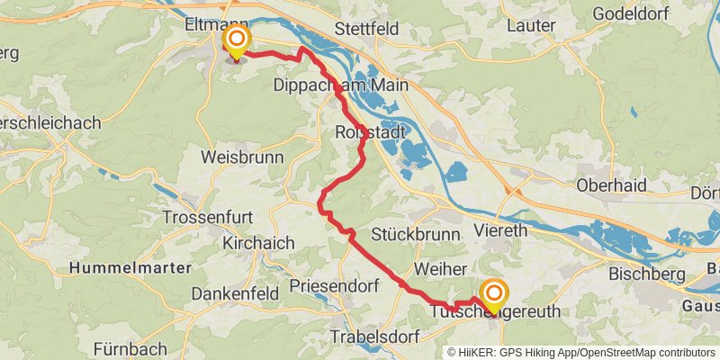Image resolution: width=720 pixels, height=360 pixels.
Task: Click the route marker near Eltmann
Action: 236,40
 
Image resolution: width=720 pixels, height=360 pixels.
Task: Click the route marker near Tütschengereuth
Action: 493,293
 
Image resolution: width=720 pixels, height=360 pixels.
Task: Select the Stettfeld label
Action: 366,28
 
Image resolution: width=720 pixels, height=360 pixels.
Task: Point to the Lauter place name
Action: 531,26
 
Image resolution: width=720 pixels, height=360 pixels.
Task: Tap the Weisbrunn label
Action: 242,157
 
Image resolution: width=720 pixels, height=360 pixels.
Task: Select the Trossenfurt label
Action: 207,218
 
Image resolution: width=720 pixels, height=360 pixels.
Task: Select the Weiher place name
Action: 440,269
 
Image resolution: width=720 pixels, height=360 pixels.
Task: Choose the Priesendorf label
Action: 335,286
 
